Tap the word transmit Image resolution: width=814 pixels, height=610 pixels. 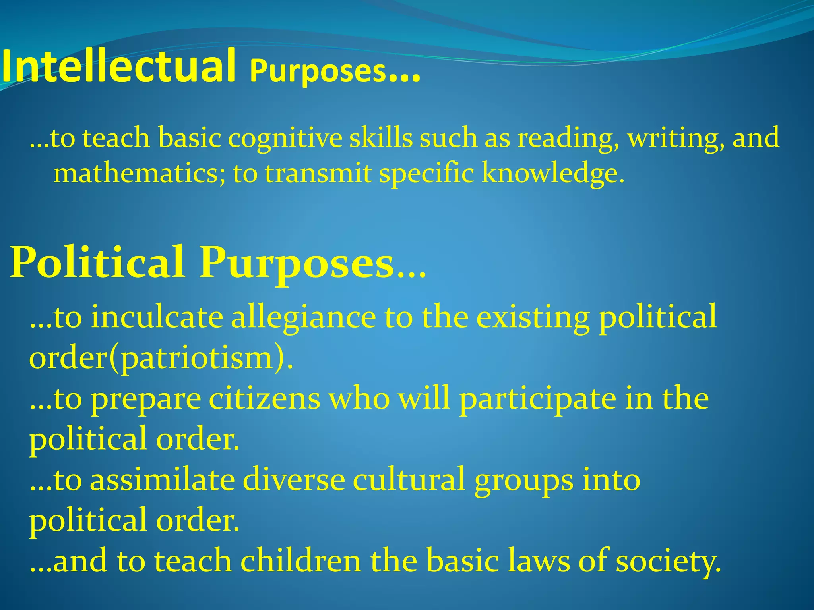(318, 174)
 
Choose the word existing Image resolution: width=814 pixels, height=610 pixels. (533, 318)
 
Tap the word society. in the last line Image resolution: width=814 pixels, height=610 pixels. (668, 561)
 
